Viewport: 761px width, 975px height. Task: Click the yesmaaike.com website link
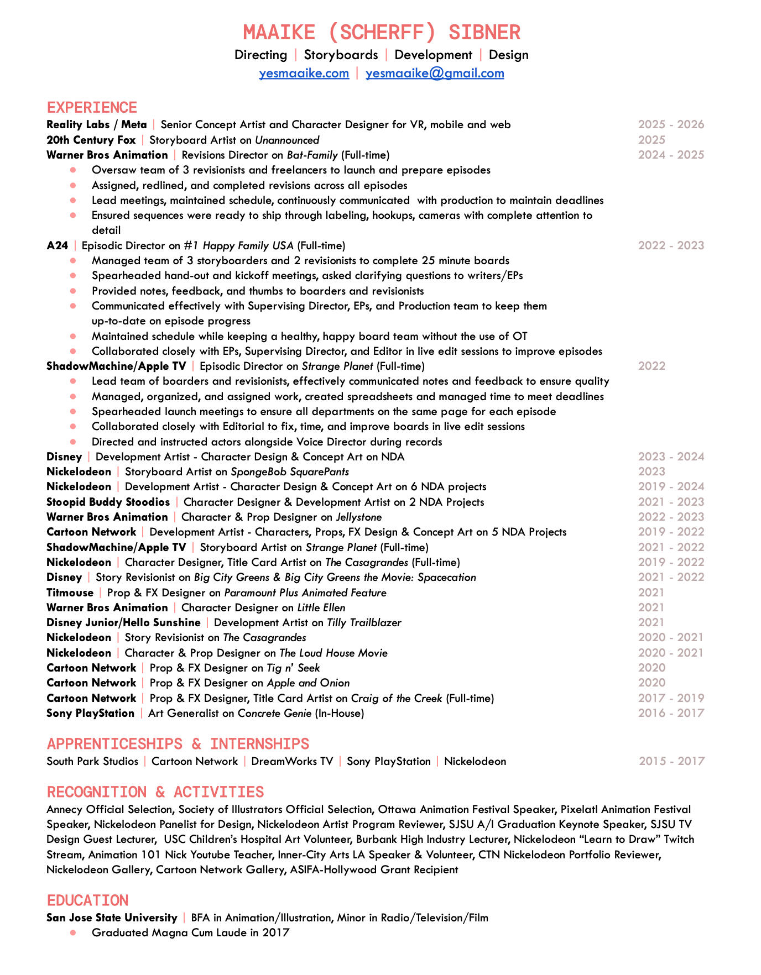click(x=304, y=73)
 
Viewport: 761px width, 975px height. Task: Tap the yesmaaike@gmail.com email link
click(x=435, y=73)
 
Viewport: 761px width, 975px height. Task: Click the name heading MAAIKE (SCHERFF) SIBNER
click(x=382, y=32)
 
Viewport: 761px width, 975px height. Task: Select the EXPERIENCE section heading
click(x=92, y=107)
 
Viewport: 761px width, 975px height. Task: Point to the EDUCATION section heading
click(x=87, y=900)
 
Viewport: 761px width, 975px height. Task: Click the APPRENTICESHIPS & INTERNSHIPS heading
click(x=178, y=743)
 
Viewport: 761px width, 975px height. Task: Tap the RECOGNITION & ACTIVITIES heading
click(x=155, y=791)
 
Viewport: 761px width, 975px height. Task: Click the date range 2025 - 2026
click(x=671, y=124)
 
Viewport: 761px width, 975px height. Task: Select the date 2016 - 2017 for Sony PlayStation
click(x=671, y=713)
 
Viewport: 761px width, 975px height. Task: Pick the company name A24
click(x=57, y=245)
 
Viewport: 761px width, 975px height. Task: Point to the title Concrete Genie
click(x=274, y=713)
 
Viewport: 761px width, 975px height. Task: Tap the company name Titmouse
click(x=70, y=593)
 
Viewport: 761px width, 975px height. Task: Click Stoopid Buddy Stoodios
click(x=108, y=502)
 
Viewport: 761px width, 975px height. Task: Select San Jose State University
click(x=112, y=918)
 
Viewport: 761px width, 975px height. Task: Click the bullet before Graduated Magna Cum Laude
click(x=73, y=932)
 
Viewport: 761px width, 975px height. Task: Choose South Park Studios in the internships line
click(x=92, y=761)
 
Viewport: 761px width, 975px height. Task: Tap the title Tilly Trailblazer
click(x=364, y=622)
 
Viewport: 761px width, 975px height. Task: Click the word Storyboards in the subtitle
click(x=341, y=55)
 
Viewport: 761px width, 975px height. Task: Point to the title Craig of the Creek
click(x=397, y=698)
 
